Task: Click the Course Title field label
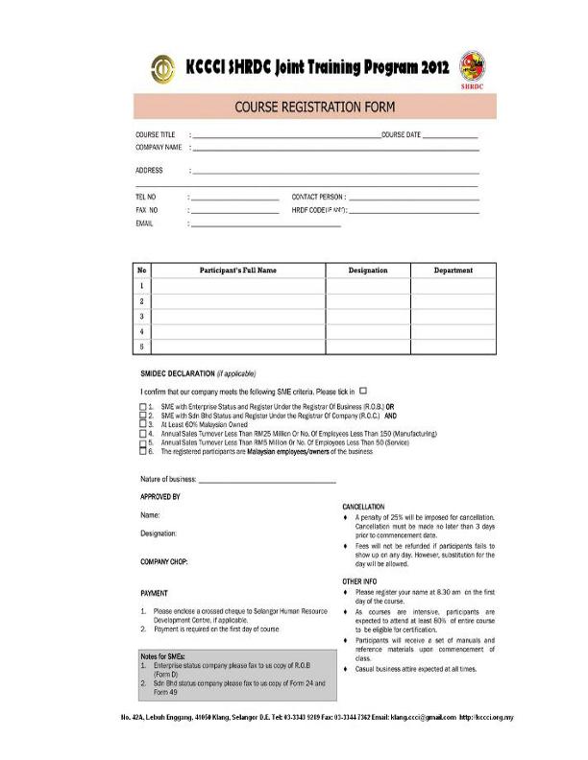click(x=156, y=135)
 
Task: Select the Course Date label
click(x=401, y=135)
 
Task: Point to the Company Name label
click(x=159, y=148)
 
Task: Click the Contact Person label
click(x=317, y=196)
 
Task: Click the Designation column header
click(x=367, y=271)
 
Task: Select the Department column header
click(x=453, y=271)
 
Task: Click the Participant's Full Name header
click(x=237, y=271)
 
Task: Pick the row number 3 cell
click(x=141, y=316)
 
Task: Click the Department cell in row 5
click(x=453, y=345)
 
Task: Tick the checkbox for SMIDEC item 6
click(x=143, y=450)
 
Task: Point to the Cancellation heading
click(x=363, y=506)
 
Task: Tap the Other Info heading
click(x=360, y=582)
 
